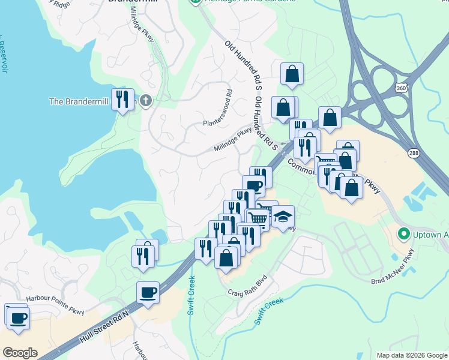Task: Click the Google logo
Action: (x=20, y=353)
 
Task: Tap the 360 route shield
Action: (x=400, y=88)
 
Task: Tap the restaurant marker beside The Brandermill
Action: (x=123, y=100)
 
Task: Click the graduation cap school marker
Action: (x=282, y=217)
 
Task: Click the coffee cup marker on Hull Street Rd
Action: (x=148, y=293)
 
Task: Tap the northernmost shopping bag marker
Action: (x=292, y=74)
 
